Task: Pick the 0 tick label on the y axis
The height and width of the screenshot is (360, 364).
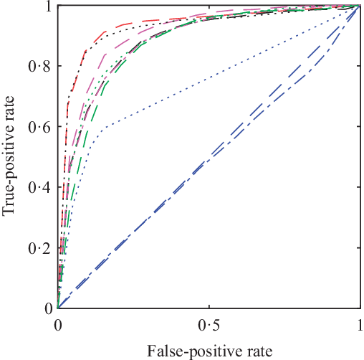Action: tap(47, 308)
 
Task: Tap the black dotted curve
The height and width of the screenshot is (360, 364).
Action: tap(179, 26)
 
